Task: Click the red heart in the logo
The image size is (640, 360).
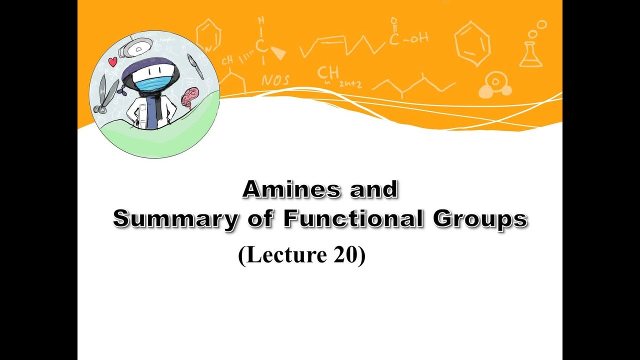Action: pos(112,61)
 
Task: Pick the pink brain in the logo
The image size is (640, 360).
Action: pos(189,97)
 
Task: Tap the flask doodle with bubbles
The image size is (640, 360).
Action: pos(531,49)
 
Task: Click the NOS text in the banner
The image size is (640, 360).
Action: pos(275,80)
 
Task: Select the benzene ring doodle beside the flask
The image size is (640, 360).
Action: pos(471,43)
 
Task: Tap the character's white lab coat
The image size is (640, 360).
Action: pos(141,110)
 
